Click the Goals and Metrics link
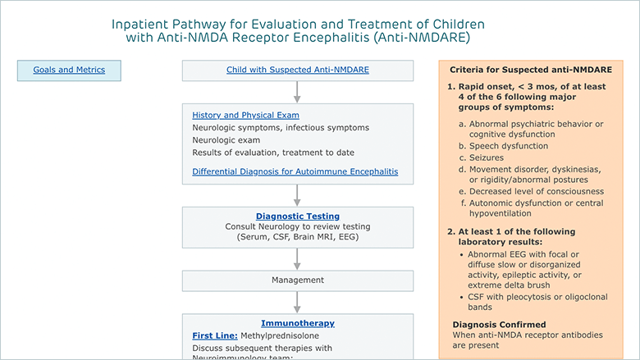coord(69,70)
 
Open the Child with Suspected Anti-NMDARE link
coord(298,70)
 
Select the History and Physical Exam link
coord(245,116)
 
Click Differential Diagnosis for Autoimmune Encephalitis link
coord(295,171)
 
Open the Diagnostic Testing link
coord(298,216)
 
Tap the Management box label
coord(298,280)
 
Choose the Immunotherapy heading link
coord(298,323)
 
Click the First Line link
coord(215,335)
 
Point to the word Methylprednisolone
coord(280,335)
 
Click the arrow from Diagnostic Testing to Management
coord(297,259)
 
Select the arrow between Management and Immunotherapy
coord(297,302)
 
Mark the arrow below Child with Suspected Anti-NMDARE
coord(297,92)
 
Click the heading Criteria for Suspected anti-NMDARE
coord(531,70)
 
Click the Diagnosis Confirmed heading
coord(499,325)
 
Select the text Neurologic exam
coord(226,140)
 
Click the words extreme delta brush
coord(509,285)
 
